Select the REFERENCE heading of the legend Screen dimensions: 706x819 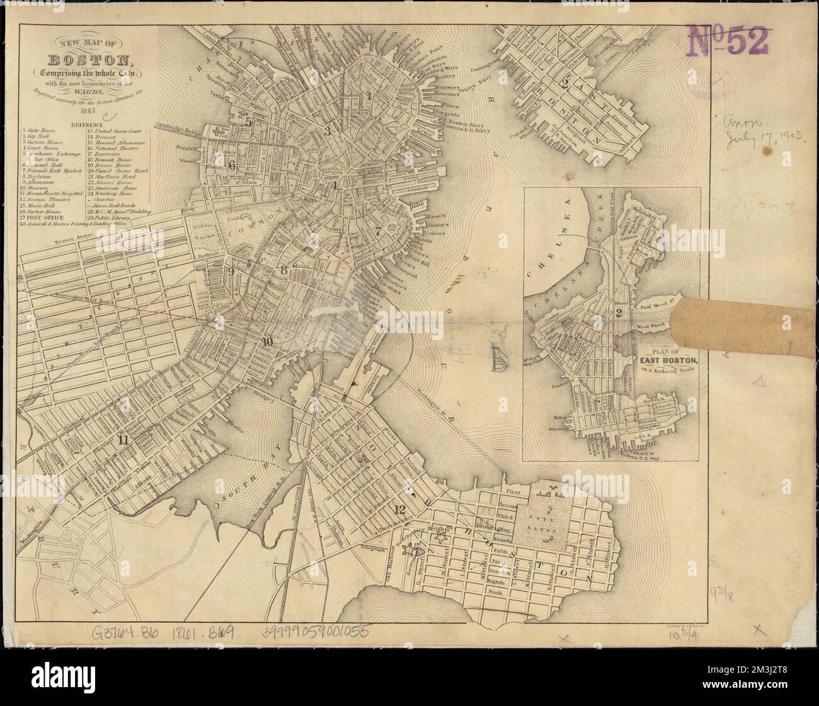[x=90, y=125]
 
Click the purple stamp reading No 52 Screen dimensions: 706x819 [x=730, y=41]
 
